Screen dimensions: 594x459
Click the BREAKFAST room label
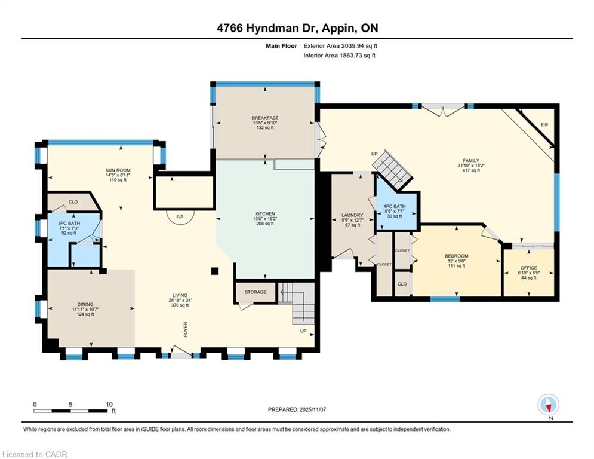click(x=265, y=118)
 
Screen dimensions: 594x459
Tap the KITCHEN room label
click(x=265, y=214)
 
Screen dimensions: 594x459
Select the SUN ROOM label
click(x=118, y=170)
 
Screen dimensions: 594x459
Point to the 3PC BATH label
click(x=69, y=224)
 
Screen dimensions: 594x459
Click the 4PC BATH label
click(x=395, y=206)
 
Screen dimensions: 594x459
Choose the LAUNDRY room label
click(x=352, y=215)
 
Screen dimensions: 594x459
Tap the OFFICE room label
click(x=528, y=268)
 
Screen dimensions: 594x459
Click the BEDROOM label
click(x=457, y=256)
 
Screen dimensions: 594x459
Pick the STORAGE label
click(x=256, y=292)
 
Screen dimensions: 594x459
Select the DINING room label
click(x=85, y=304)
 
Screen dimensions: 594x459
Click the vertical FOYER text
click(x=186, y=329)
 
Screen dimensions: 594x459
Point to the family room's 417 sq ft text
click(x=471, y=170)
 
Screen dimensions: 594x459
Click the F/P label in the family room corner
click(x=544, y=125)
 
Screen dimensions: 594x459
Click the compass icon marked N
click(x=548, y=405)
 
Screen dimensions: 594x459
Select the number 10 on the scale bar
click(x=109, y=405)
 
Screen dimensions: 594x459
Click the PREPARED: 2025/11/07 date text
click(x=297, y=409)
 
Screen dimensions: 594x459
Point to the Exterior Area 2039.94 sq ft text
click(x=340, y=46)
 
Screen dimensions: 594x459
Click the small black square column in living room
click(x=215, y=271)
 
